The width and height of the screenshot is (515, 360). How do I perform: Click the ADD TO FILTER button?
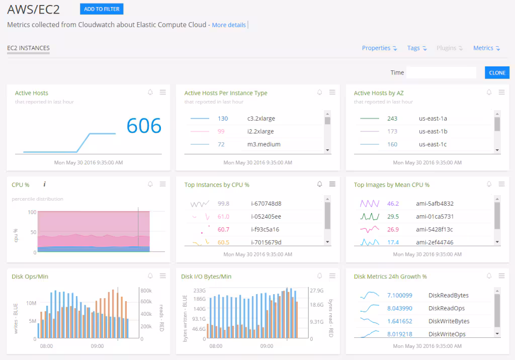(x=102, y=9)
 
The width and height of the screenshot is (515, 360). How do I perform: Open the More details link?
(x=229, y=25)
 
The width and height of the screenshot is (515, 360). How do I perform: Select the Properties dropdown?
(x=379, y=48)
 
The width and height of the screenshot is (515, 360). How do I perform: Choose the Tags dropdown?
(x=417, y=48)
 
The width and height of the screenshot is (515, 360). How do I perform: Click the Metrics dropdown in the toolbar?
(x=486, y=48)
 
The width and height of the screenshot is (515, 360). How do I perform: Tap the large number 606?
(x=144, y=126)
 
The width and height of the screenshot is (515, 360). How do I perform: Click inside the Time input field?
(x=441, y=72)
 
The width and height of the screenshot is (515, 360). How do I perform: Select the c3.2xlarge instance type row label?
(x=261, y=119)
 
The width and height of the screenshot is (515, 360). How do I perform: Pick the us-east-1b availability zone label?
(x=433, y=132)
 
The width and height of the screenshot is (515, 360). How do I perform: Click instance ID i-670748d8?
(x=266, y=204)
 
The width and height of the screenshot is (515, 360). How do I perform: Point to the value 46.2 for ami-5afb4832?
(x=393, y=204)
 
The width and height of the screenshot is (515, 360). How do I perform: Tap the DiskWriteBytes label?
(x=449, y=321)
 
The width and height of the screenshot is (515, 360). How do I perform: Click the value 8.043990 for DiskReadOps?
(x=399, y=308)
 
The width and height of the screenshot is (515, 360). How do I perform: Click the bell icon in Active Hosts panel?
(x=150, y=93)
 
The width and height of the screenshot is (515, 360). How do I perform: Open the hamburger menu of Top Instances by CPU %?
(x=332, y=184)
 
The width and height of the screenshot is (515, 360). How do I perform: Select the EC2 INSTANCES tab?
(x=28, y=48)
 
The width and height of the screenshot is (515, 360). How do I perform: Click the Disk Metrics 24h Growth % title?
(x=390, y=277)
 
